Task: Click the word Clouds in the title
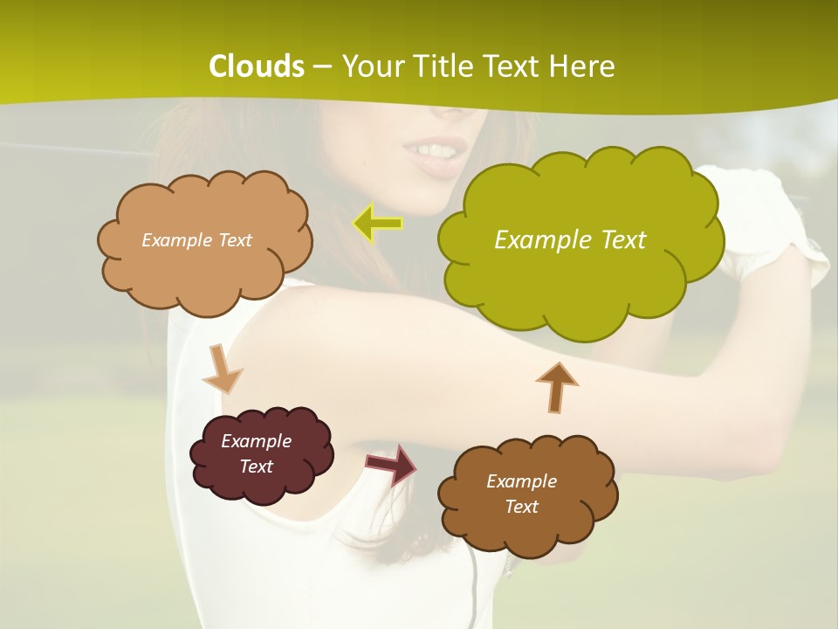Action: tap(257, 66)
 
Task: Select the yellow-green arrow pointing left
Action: tap(377, 224)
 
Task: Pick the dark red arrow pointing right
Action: tap(391, 464)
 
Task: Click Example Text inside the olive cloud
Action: tap(570, 239)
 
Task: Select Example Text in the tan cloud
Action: tap(197, 239)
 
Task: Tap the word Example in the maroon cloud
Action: tap(256, 441)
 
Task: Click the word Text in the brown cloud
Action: tap(521, 507)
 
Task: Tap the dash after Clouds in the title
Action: tap(321, 67)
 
